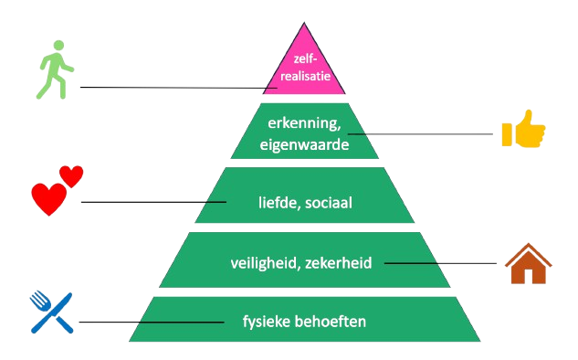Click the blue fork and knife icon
coord(51,312)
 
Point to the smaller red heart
coord(71,175)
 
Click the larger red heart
coord(47,198)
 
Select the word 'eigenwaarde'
coord(305,143)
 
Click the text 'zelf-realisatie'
coord(304,68)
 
